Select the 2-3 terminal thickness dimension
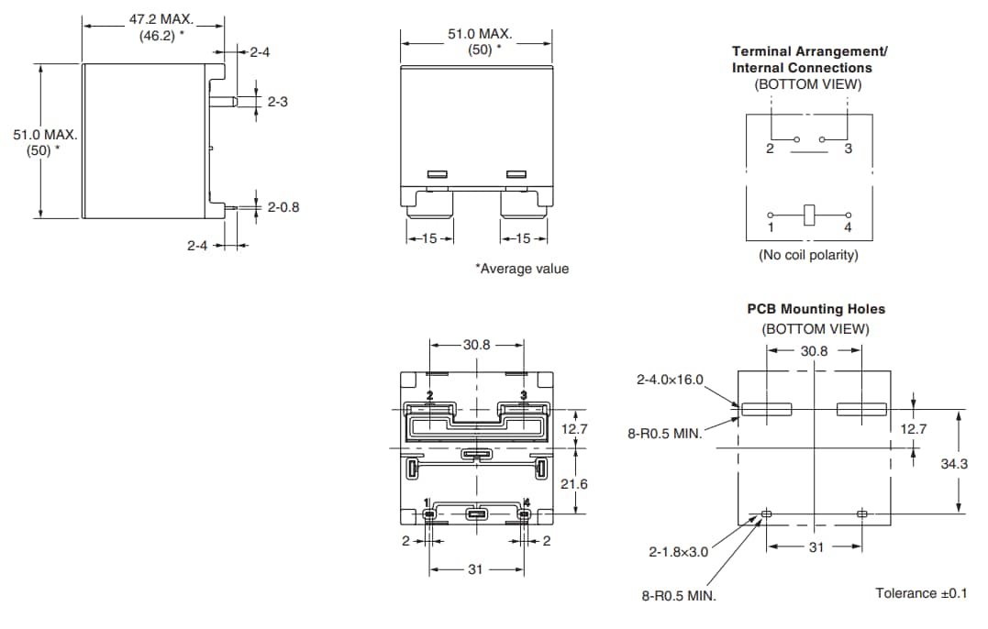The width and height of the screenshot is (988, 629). (277, 102)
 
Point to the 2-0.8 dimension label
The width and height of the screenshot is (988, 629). (283, 207)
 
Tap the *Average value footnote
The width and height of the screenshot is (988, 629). (521, 269)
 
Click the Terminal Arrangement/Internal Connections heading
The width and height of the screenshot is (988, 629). (809, 60)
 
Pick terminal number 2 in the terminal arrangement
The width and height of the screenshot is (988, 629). (770, 149)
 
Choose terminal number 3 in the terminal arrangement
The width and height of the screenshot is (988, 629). (849, 149)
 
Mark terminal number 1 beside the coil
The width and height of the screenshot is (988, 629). (771, 227)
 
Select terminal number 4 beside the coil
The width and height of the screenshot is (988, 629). (848, 227)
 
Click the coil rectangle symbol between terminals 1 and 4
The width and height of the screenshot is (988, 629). (809, 214)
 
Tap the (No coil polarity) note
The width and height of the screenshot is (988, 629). (808, 255)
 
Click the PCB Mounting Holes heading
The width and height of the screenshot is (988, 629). (816, 309)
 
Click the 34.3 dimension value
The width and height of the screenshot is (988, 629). (954, 464)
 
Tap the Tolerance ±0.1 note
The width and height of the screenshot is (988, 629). (921, 593)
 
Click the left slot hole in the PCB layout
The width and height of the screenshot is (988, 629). (767, 410)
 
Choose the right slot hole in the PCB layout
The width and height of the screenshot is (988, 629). (861, 410)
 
